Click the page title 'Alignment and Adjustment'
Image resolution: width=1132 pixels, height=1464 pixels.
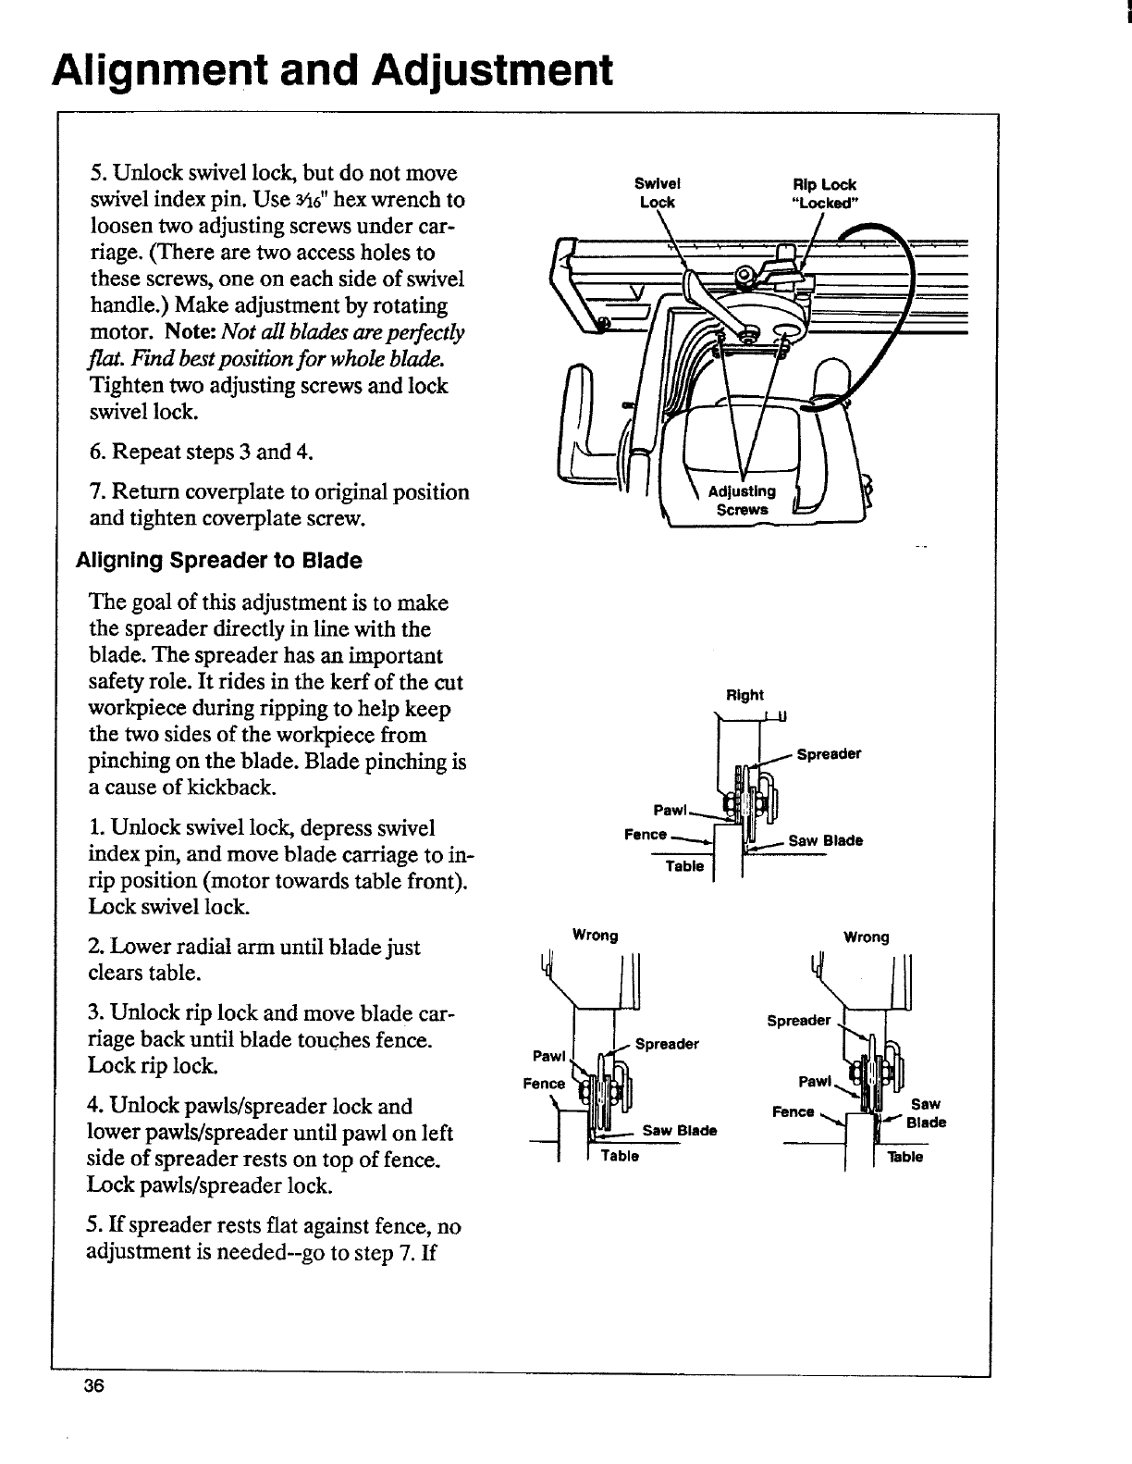click(333, 69)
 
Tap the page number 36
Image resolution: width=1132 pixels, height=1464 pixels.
click(94, 1385)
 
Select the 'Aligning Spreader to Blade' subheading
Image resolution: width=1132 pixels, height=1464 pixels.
click(219, 561)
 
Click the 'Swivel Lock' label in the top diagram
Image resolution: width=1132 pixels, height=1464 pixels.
click(658, 193)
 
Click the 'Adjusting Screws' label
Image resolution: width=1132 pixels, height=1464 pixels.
click(742, 500)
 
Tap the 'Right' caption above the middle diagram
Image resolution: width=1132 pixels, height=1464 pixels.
click(745, 695)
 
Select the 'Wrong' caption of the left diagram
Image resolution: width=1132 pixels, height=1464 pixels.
click(596, 935)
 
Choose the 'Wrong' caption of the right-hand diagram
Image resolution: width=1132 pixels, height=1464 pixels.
click(866, 937)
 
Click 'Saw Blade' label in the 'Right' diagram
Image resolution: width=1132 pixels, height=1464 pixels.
click(825, 841)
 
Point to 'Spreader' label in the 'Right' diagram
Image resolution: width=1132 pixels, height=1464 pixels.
click(830, 753)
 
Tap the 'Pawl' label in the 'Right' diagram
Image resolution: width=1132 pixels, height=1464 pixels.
click(669, 811)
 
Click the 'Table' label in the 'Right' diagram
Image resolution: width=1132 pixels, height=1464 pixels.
click(685, 866)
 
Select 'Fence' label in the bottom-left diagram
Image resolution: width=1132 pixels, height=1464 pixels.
click(544, 1084)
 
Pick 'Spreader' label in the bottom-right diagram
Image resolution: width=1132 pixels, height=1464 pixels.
click(799, 1021)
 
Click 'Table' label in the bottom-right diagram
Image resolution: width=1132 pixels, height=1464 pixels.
click(904, 1157)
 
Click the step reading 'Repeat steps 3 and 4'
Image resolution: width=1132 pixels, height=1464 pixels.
click(201, 453)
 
